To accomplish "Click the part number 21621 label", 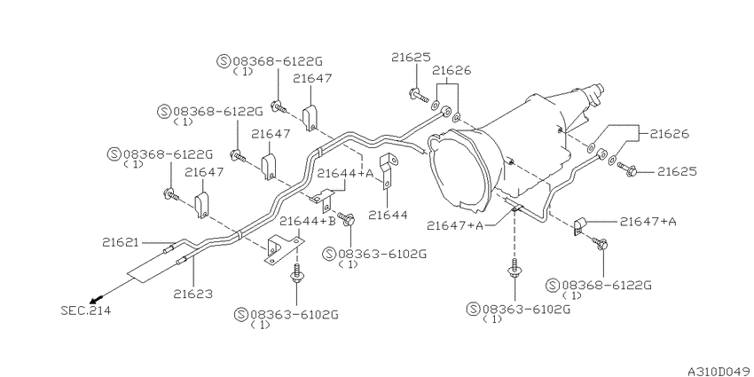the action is pyautogui.click(x=121, y=242).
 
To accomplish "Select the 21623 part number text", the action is pyautogui.click(x=193, y=294).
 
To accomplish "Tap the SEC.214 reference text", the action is pyautogui.click(x=86, y=310).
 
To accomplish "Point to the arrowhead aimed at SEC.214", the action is pyautogui.click(x=99, y=296).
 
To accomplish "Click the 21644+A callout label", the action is pyautogui.click(x=345, y=174).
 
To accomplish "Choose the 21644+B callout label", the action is pyautogui.click(x=308, y=221).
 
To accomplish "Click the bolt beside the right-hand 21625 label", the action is pyautogui.click(x=626, y=169).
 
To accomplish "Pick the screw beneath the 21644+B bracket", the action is pyautogui.click(x=295, y=273).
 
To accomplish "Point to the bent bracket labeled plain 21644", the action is pyautogui.click(x=386, y=170).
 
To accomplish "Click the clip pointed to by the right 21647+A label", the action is pyautogui.click(x=579, y=226).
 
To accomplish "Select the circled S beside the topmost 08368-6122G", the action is pyautogui.click(x=224, y=61).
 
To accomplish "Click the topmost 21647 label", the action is pyautogui.click(x=312, y=78).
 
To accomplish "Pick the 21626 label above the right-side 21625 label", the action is pyautogui.click(x=670, y=134).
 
